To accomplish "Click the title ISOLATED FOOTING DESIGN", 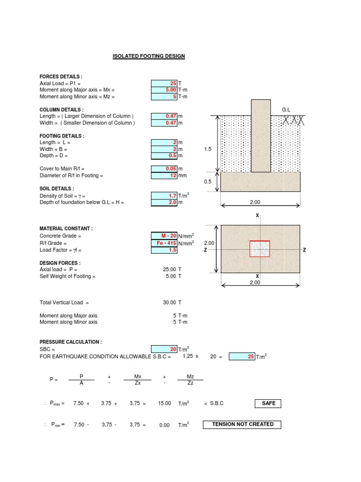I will [149, 56].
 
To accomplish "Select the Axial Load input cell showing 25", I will [164, 83].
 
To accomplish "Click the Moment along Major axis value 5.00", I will [164, 90].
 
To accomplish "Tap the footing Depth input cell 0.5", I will [164, 156].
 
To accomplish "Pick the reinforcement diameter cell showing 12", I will [164, 176].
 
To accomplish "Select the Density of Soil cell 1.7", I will [164, 195].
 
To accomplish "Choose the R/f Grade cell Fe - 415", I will [164, 243].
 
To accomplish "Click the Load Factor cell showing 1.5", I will [164, 250].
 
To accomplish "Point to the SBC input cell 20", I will [164, 349].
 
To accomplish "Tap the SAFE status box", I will [268, 403].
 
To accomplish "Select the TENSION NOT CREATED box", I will [242, 424].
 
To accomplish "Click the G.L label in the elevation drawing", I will [286, 110].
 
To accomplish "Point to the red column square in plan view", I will [259, 249].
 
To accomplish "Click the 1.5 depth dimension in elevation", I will [208, 149].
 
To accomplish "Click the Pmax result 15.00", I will [165, 403].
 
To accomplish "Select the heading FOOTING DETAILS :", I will [62, 136].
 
